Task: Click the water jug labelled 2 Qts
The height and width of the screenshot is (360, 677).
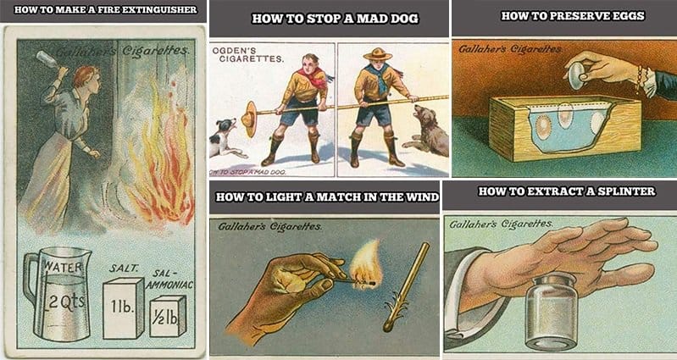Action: pyautogui.click(x=58, y=294)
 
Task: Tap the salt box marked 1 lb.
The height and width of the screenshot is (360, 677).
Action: pyautogui.click(x=123, y=308)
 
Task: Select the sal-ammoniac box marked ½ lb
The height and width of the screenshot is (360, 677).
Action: pyautogui.click(x=168, y=316)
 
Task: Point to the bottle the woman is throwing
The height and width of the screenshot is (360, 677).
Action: pyautogui.click(x=47, y=59)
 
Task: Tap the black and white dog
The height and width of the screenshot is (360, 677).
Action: pyautogui.click(x=223, y=138)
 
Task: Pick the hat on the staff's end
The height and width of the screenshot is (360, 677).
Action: pyautogui.click(x=249, y=119)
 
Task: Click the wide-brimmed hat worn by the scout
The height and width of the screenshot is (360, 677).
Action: pyautogui.click(x=377, y=54)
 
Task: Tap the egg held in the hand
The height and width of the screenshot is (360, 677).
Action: pyautogui.click(x=575, y=76)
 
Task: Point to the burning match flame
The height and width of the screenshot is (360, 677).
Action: pyautogui.click(x=364, y=264)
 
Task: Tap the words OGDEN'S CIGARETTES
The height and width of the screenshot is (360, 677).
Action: pyautogui.click(x=247, y=55)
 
